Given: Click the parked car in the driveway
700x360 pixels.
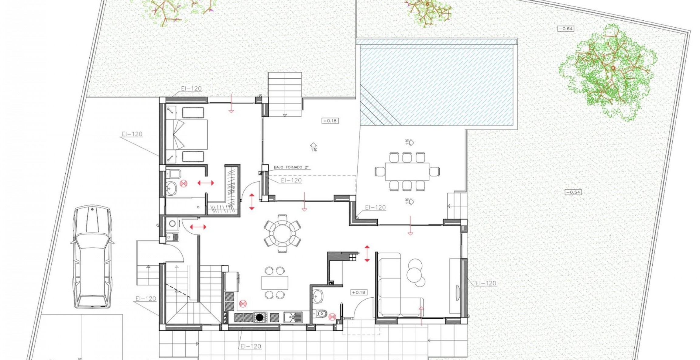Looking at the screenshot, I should click(92, 257).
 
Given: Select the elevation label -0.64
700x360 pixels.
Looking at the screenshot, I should click(566, 29).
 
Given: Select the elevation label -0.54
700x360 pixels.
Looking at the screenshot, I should click(573, 192).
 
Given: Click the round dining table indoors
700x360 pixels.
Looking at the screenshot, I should click(283, 233).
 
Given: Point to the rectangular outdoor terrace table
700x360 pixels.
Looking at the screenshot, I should click(407, 172).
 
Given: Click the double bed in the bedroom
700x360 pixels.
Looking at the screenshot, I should click(187, 134).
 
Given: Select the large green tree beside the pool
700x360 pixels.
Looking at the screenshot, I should click(608, 73).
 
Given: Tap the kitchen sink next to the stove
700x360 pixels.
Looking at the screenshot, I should click(293, 317).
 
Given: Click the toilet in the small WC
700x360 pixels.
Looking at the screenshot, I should click(321, 313).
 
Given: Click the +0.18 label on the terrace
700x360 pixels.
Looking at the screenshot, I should click(330, 121).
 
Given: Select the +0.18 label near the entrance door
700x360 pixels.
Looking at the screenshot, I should click(359, 292).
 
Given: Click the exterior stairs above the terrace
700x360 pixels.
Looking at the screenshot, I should click(285, 94).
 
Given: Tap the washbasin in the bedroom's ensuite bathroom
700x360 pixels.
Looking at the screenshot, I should click(171, 188).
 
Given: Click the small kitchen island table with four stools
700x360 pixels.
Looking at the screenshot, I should click(275, 283).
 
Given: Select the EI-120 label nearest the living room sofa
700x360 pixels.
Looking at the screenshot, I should click(486, 283).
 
